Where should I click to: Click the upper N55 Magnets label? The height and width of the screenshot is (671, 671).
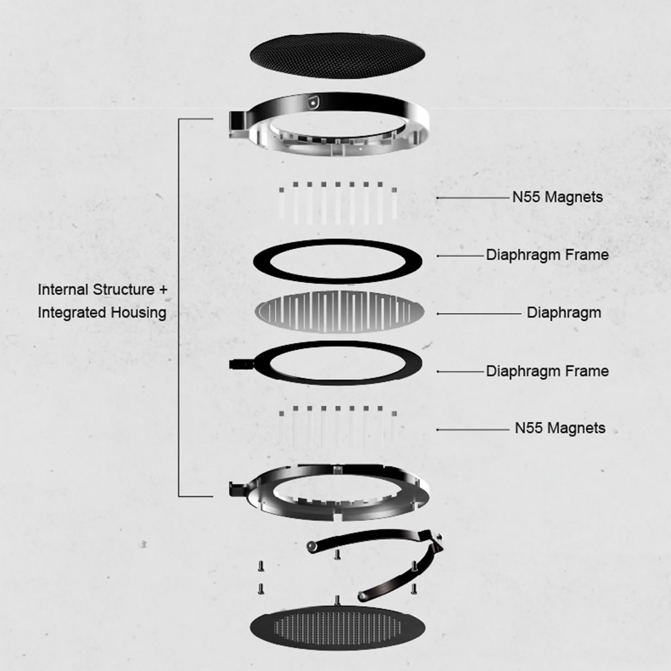coord(557,197)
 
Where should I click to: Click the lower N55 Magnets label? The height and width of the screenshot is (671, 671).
coord(560,428)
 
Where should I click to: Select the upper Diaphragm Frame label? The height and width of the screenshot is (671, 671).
coord(547,255)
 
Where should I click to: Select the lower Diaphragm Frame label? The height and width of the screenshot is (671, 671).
coord(547,371)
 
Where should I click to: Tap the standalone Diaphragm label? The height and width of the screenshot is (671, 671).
coord(564,313)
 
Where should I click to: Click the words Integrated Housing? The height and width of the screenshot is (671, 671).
coord(102,313)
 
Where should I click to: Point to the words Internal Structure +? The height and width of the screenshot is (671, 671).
coord(102,290)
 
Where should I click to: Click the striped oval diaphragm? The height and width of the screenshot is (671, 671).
coord(339,312)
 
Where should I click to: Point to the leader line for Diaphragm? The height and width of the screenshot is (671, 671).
coord(479,314)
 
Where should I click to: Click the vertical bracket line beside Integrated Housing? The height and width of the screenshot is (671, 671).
coord(179,308)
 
